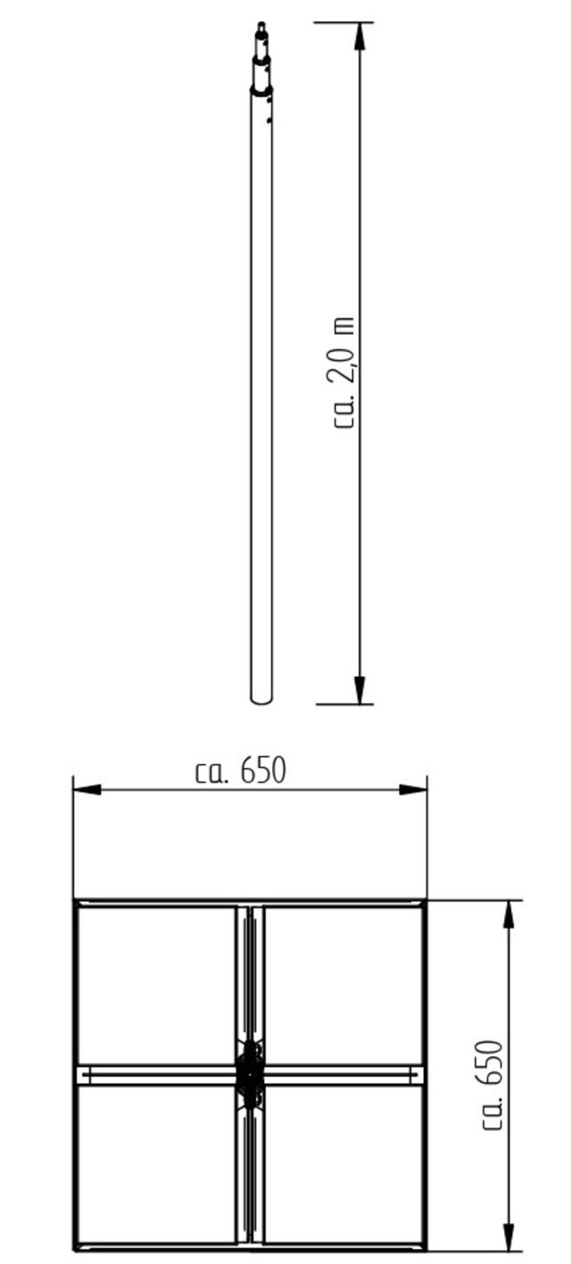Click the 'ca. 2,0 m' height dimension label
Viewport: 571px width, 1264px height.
345,373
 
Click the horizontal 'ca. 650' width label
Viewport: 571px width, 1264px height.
241,771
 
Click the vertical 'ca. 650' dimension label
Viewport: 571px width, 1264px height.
492,1085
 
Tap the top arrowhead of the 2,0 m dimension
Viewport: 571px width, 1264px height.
360,37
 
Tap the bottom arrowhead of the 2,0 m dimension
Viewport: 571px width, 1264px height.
360,689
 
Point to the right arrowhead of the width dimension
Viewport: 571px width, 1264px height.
413,790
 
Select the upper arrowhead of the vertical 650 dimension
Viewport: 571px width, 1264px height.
509,914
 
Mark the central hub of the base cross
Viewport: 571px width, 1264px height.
250,1074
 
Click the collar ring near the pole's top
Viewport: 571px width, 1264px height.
261,89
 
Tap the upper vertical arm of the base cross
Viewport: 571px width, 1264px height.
250,973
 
